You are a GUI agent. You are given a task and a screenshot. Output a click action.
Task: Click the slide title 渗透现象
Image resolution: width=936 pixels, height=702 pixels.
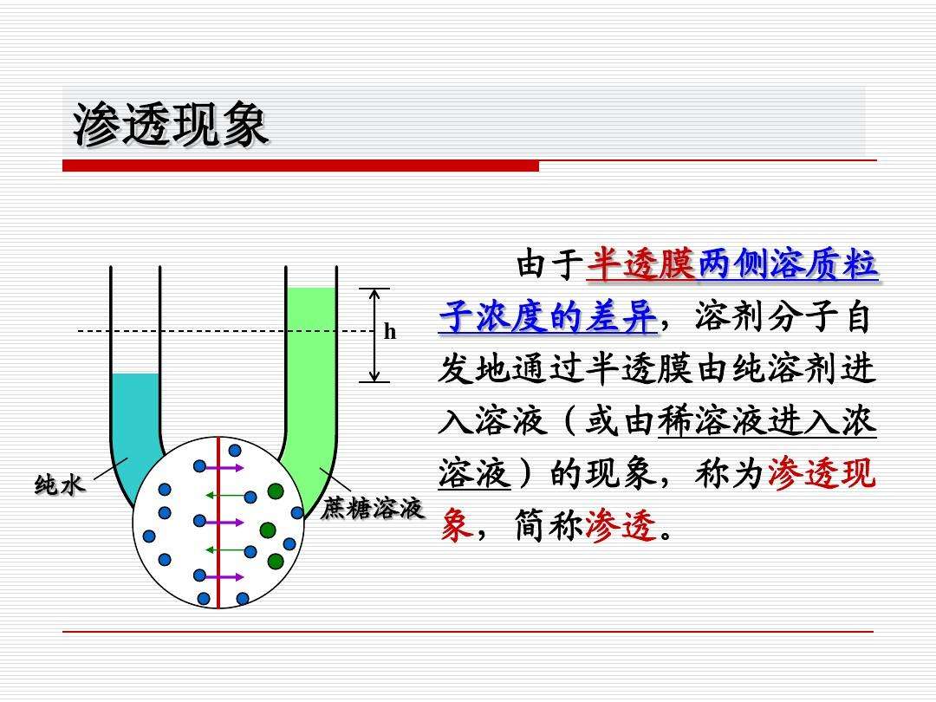[x=170, y=126]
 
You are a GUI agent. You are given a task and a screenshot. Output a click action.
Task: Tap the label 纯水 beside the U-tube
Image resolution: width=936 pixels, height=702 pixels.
[x=60, y=485]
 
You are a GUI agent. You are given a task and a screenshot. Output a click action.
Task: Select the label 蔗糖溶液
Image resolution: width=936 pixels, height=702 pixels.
[x=373, y=509]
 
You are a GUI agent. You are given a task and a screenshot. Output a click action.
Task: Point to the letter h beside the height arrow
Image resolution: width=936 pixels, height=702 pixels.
[x=390, y=332]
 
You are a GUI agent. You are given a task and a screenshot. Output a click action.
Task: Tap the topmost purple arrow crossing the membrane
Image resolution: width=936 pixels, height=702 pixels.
[x=224, y=467]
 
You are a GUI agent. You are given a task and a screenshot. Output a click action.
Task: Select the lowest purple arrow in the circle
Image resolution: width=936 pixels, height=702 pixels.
[x=224, y=576]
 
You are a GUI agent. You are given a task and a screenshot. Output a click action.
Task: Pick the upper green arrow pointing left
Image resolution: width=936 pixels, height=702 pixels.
[x=224, y=496]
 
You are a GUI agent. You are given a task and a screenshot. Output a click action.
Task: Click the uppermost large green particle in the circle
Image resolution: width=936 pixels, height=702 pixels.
[x=276, y=492]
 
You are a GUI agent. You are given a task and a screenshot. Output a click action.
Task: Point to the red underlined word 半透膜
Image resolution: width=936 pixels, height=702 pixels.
[x=641, y=264]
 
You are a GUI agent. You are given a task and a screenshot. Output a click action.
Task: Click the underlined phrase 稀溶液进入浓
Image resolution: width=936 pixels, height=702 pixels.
[x=768, y=422]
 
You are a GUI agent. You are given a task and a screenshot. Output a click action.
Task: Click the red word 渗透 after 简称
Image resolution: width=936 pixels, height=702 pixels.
[x=621, y=526]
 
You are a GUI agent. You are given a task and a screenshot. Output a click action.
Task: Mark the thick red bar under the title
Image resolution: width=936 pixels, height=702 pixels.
[x=300, y=166]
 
